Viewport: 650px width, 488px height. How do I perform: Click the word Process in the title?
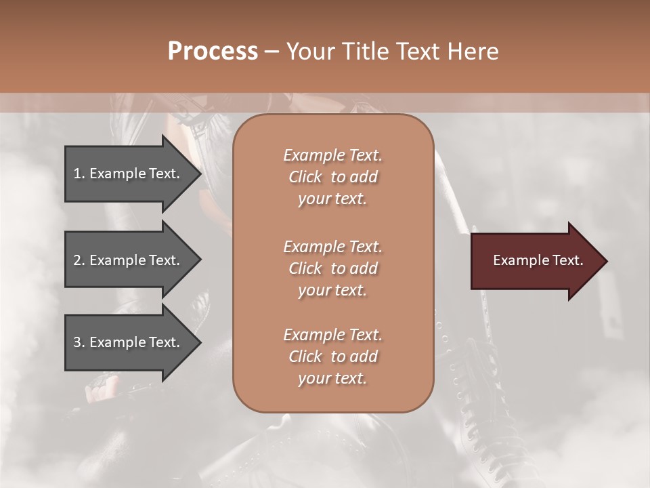point(213,52)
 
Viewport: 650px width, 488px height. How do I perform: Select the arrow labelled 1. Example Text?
point(129,174)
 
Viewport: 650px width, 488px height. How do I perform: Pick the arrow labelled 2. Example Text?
point(129,260)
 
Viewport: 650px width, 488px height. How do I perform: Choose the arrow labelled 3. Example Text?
point(129,342)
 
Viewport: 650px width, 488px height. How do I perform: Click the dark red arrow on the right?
point(535,260)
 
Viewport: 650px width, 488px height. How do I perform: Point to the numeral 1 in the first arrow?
point(77,174)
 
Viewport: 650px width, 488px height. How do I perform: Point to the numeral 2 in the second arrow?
point(77,260)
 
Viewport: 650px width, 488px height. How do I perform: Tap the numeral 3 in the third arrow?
point(77,342)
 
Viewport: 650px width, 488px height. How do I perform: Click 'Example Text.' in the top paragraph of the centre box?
point(332,155)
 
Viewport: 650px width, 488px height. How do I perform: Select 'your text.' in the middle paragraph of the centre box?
point(332,290)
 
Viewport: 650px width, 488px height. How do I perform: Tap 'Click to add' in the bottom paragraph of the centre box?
point(332,357)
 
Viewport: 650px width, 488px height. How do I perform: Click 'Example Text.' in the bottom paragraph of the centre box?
point(332,335)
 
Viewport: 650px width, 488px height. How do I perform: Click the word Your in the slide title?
point(309,52)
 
